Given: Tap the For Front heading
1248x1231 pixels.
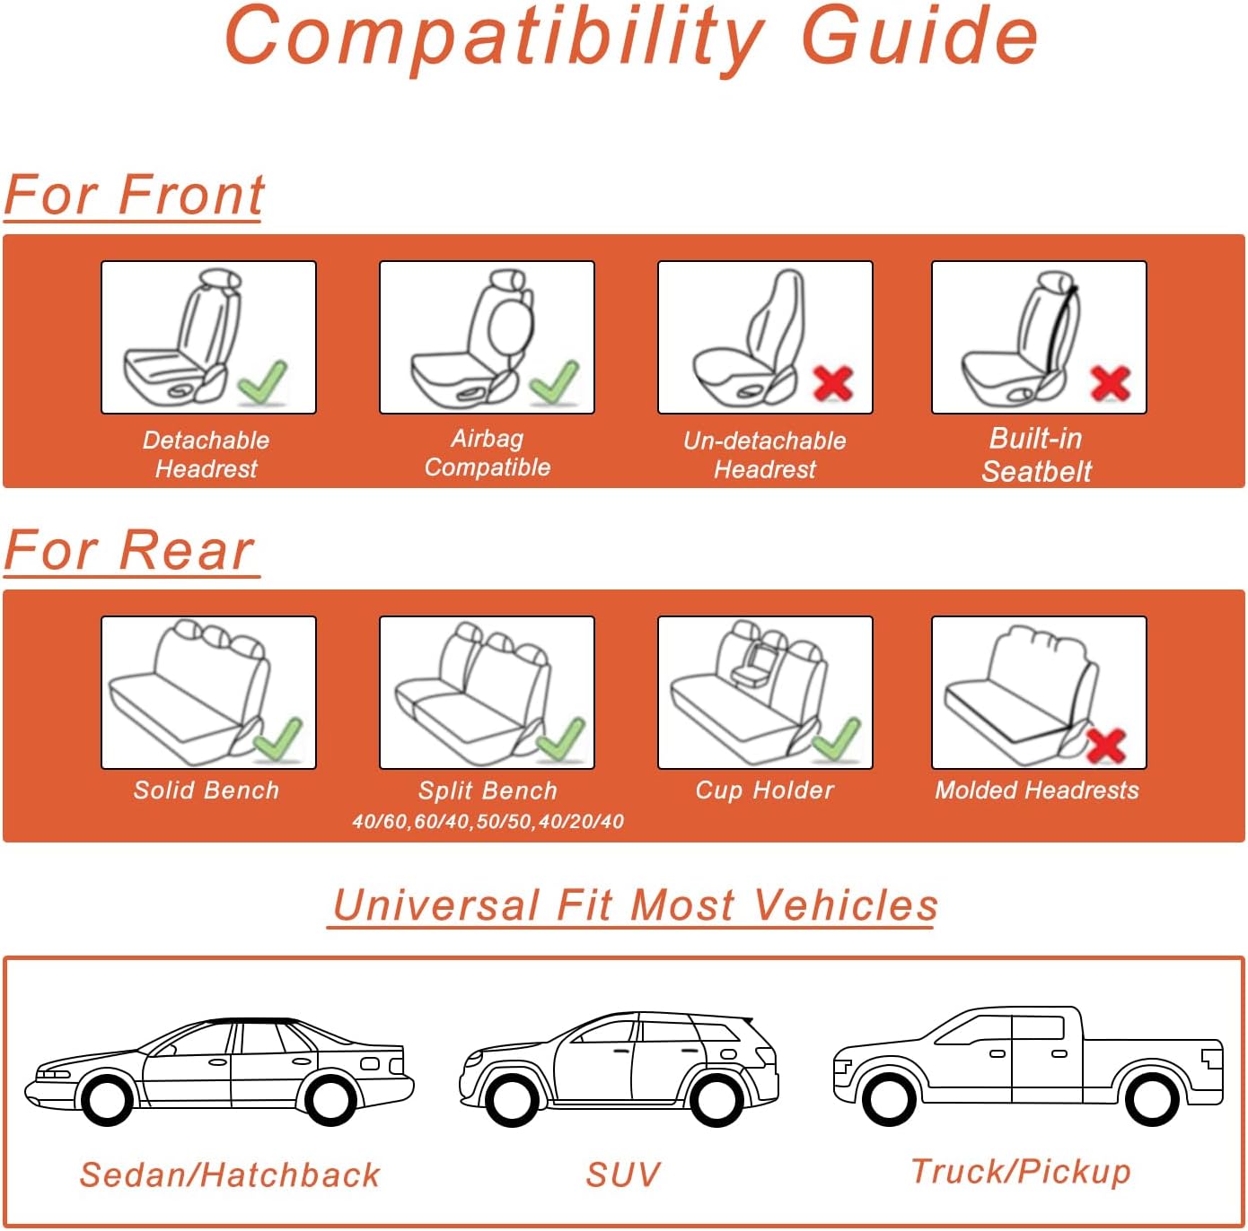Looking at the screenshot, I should tap(135, 195).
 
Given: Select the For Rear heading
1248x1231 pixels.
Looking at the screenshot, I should tap(130, 550).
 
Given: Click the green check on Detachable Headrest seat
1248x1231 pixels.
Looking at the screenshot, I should tap(263, 381).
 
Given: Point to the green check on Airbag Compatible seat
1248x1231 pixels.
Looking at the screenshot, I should tap(554, 381).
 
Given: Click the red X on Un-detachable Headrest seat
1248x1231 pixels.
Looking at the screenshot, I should tap(833, 383).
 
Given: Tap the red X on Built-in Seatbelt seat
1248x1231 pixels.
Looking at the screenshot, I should tap(1110, 383).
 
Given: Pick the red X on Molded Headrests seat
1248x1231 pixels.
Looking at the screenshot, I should tap(1106, 745).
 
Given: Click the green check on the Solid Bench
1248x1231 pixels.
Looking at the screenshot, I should tap(278, 738).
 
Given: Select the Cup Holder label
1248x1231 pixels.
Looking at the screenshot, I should tap(765, 790).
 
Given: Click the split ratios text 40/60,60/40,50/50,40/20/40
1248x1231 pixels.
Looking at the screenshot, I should tap(488, 821).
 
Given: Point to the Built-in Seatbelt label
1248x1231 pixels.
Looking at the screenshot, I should tap(1036, 455).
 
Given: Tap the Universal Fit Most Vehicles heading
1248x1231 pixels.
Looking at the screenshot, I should tap(635, 904).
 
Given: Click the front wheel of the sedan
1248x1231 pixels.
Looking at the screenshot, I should tap(107, 1097).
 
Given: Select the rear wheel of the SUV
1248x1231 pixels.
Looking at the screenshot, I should tap(716, 1098).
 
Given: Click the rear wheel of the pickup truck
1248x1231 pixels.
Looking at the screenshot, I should tap(1151, 1097).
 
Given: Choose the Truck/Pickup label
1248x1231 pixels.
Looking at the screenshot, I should tap(1021, 1171).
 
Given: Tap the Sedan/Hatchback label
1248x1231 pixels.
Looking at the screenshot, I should tap(230, 1174).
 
